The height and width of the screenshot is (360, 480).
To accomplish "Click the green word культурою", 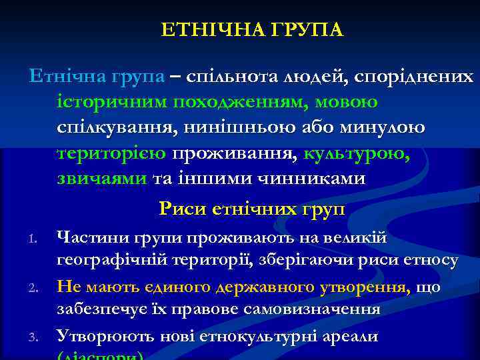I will pyautogui.click(x=357, y=153).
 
